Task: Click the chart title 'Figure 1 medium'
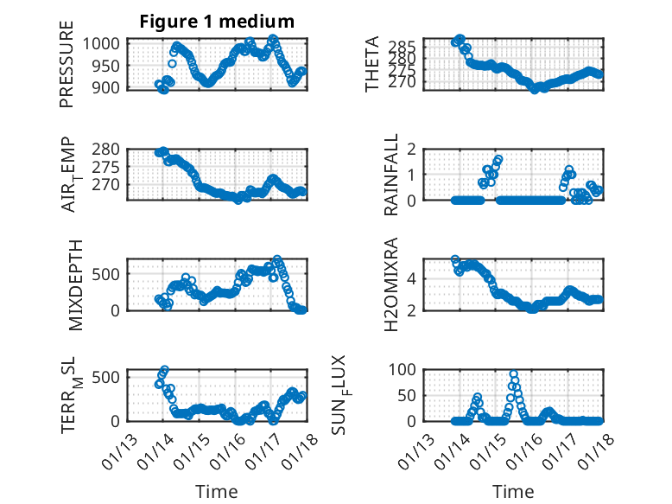click(217, 22)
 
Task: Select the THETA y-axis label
click(373, 64)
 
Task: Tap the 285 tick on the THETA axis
click(407, 46)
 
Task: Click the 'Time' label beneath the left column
click(217, 491)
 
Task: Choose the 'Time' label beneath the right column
click(513, 491)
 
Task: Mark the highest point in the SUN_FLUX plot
click(514, 375)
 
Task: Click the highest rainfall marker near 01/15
click(498, 159)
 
